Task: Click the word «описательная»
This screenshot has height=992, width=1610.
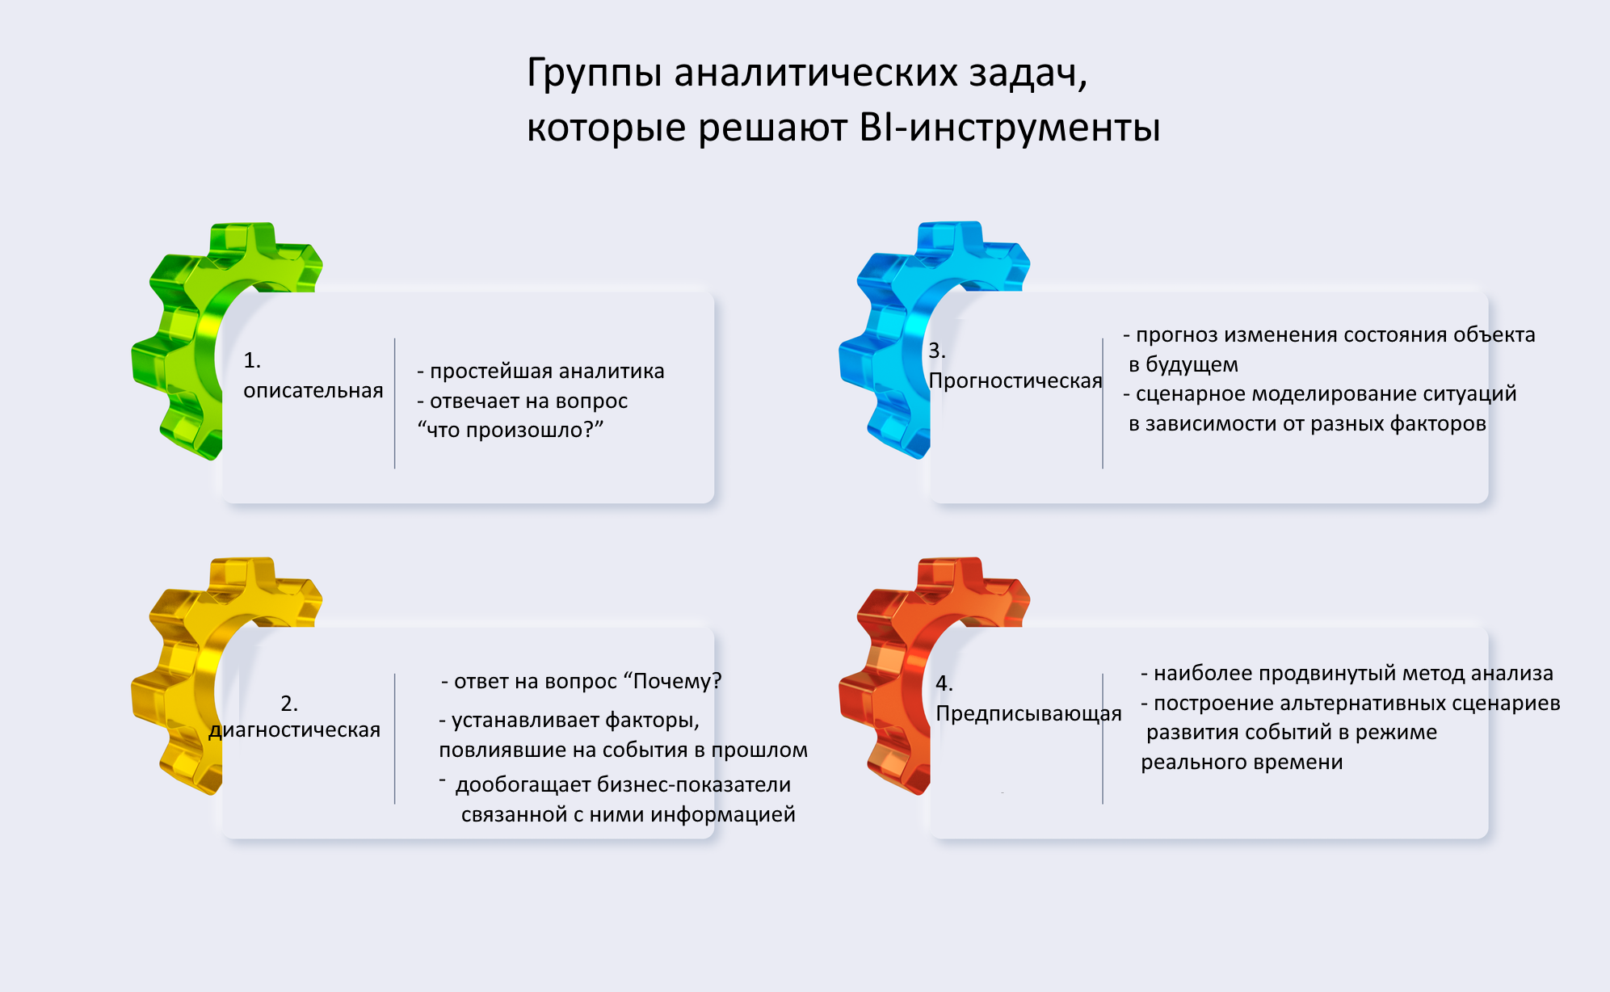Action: pyautogui.click(x=313, y=391)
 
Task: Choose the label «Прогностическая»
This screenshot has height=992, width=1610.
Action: pyautogui.click(x=1015, y=381)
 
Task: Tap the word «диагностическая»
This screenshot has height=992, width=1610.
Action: pyautogui.click(x=295, y=730)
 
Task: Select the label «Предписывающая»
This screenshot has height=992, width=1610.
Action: pyautogui.click(x=1028, y=714)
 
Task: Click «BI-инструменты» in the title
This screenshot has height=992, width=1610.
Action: pyautogui.click(x=1010, y=128)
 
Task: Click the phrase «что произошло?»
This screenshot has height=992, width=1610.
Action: pyautogui.click(x=511, y=431)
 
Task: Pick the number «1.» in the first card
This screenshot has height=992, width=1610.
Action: pyautogui.click(x=252, y=360)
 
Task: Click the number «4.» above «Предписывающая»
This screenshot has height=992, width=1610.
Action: pyautogui.click(x=944, y=683)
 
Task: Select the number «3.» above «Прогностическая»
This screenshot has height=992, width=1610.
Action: pyautogui.click(x=937, y=351)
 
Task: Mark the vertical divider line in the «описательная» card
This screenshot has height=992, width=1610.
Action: pyautogui.click(x=395, y=403)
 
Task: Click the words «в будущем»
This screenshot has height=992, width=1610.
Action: pyautogui.click(x=1183, y=365)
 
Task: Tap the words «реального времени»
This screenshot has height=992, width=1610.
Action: pyautogui.click(x=1242, y=763)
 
